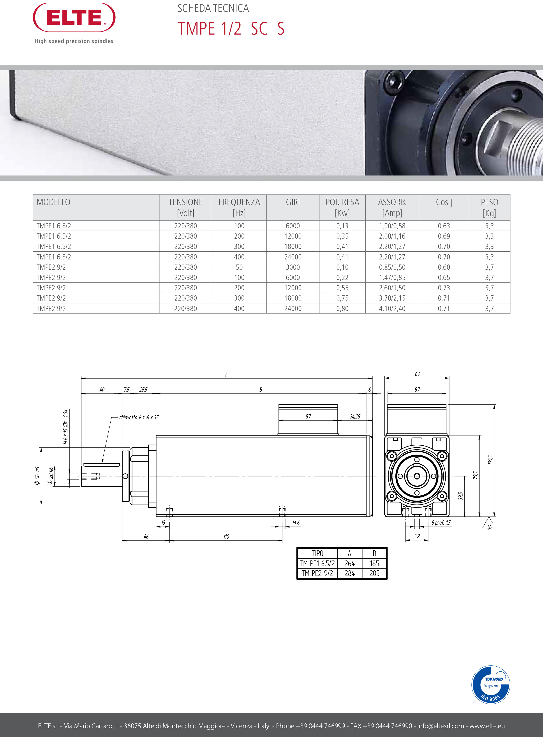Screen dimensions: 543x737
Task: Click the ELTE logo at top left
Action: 74,18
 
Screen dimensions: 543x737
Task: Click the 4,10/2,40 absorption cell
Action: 392,309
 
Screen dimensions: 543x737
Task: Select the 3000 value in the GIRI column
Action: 293,267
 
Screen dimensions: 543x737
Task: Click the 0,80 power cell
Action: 342,309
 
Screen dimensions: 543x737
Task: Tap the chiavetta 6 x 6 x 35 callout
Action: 139,417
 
